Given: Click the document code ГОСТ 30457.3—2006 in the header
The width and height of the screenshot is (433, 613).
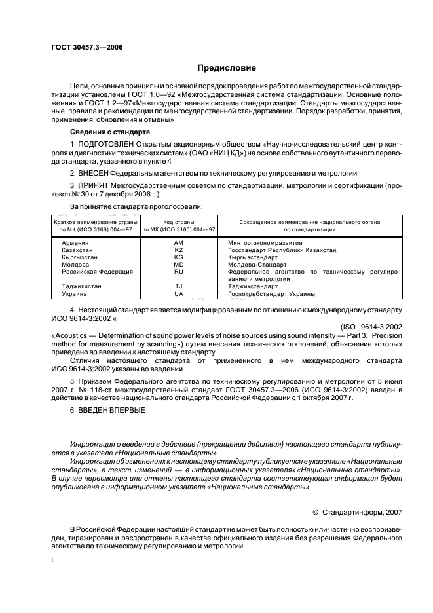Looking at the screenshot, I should tap(86, 47).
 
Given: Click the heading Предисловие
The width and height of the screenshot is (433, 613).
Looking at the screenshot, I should tap(227, 67).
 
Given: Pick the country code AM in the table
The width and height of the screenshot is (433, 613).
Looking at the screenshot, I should tap(179, 243).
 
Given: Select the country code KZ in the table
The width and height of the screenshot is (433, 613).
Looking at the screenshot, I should tap(179, 250).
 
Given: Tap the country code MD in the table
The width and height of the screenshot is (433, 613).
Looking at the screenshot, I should tap(179, 265).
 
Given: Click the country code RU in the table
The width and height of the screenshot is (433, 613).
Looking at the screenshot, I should tap(179, 272).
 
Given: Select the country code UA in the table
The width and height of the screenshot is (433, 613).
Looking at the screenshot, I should tap(179, 293).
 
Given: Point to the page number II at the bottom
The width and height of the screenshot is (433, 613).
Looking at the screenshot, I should tap(54, 561).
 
